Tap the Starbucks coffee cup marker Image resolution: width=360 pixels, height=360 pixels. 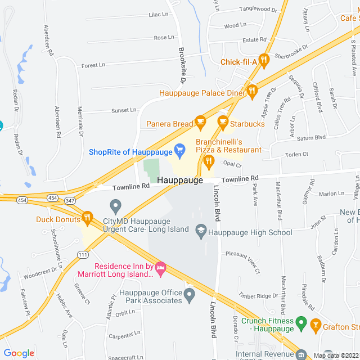pos(223,121)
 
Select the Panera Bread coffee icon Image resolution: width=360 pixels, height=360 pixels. pos(200,121)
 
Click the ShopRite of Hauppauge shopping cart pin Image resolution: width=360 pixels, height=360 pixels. pos(180,150)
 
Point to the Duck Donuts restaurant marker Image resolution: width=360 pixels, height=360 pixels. pos(87,217)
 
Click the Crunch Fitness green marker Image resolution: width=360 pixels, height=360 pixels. pos(301,324)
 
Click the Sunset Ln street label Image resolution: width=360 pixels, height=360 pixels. pos(124,110)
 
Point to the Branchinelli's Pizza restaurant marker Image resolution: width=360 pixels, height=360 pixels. pos(209,162)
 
